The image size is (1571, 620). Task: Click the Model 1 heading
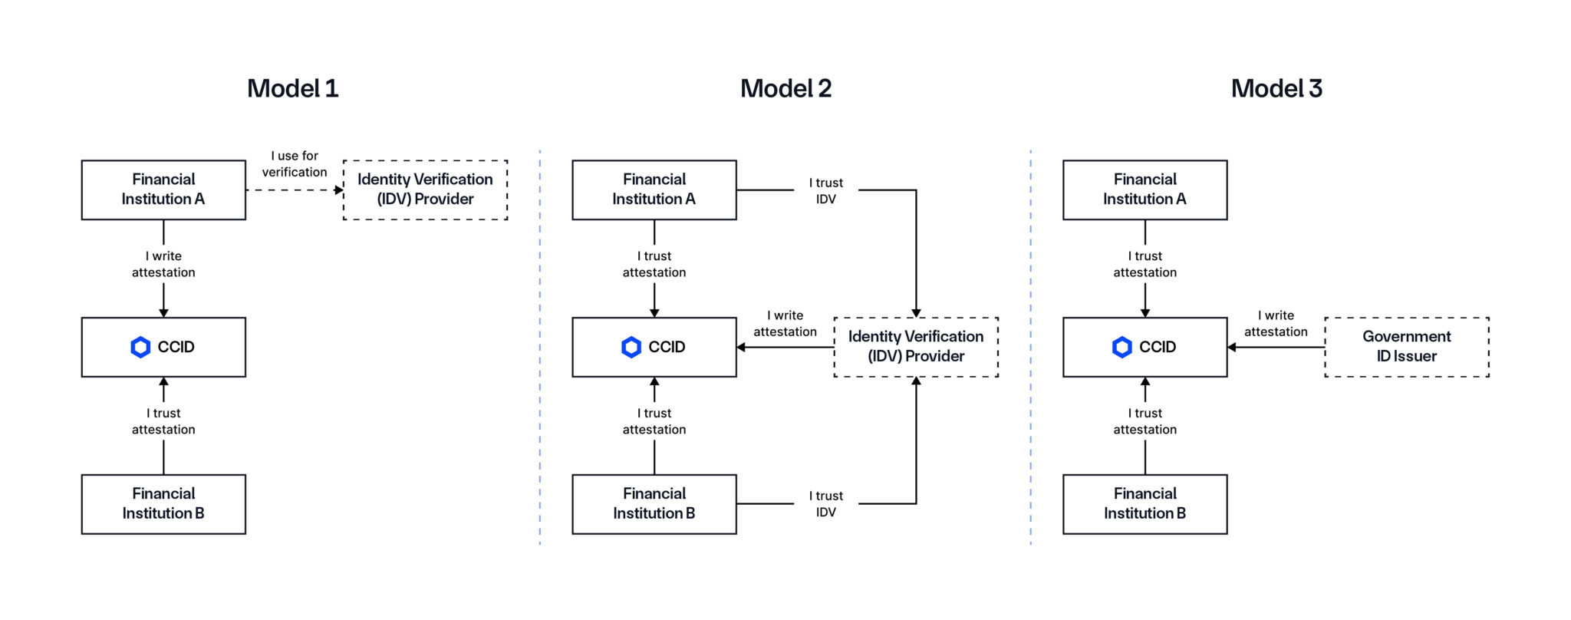(292, 89)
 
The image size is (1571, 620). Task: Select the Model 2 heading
(785, 89)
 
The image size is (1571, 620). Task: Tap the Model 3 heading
(1276, 89)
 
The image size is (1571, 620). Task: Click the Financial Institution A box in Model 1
(163, 190)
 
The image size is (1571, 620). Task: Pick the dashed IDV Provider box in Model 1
(425, 190)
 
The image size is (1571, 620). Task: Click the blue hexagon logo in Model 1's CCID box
(140, 347)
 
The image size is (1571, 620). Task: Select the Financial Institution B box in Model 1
(163, 504)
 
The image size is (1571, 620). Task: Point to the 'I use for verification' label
(295, 164)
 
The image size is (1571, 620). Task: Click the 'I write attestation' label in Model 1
(163, 264)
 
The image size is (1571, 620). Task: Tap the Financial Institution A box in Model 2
(654, 190)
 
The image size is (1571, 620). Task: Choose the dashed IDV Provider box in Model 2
(916, 347)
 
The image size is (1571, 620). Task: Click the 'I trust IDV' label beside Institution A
(826, 191)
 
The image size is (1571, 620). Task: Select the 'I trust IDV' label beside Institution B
(826, 504)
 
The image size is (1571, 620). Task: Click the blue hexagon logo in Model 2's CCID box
(631, 347)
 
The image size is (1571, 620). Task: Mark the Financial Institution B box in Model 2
(654, 504)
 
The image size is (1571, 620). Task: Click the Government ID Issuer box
(1406, 347)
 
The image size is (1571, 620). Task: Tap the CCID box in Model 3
(1144, 347)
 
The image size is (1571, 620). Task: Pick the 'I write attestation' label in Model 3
(1276, 324)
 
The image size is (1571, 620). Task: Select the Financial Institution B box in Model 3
(1144, 504)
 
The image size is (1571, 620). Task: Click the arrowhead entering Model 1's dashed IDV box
(338, 190)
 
